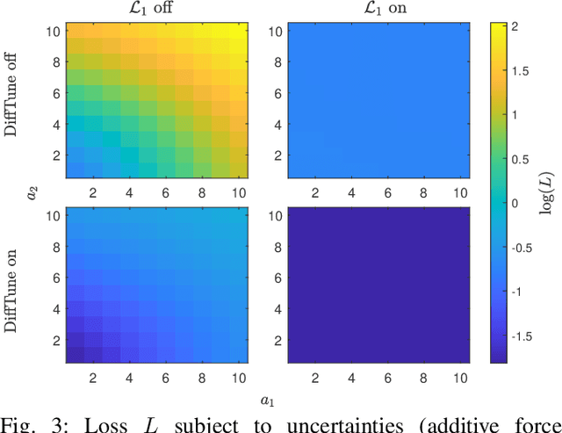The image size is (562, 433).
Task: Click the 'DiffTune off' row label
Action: click(11, 104)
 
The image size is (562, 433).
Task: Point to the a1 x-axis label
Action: click(264, 401)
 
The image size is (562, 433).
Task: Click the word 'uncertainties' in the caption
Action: click(365, 425)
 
